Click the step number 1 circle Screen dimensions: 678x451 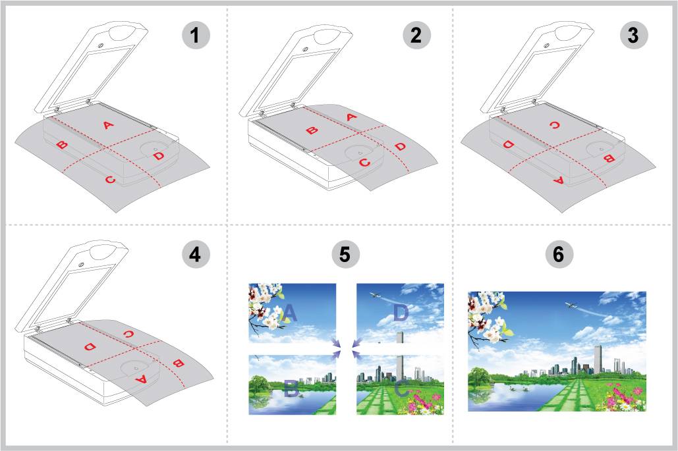coord(196,34)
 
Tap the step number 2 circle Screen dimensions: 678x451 coord(416,34)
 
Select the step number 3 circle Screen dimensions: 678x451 coord(633,34)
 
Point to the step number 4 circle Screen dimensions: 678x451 coord(196,254)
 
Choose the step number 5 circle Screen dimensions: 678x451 coord(345,254)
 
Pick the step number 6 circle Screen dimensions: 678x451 coord(559,254)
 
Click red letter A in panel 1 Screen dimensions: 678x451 coord(108,125)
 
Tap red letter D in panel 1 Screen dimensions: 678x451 coord(159,155)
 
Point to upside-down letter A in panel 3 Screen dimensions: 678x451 coord(559,180)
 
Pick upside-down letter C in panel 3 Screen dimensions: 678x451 coord(554,125)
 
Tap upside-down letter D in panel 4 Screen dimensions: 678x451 coord(90,346)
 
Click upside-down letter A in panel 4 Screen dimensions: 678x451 coord(141,380)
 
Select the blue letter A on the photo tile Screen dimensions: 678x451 coord(289,312)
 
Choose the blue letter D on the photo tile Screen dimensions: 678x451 coord(401,312)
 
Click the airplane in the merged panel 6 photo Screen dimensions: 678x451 coord(571,305)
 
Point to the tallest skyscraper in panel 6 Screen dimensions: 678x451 coord(598,359)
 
